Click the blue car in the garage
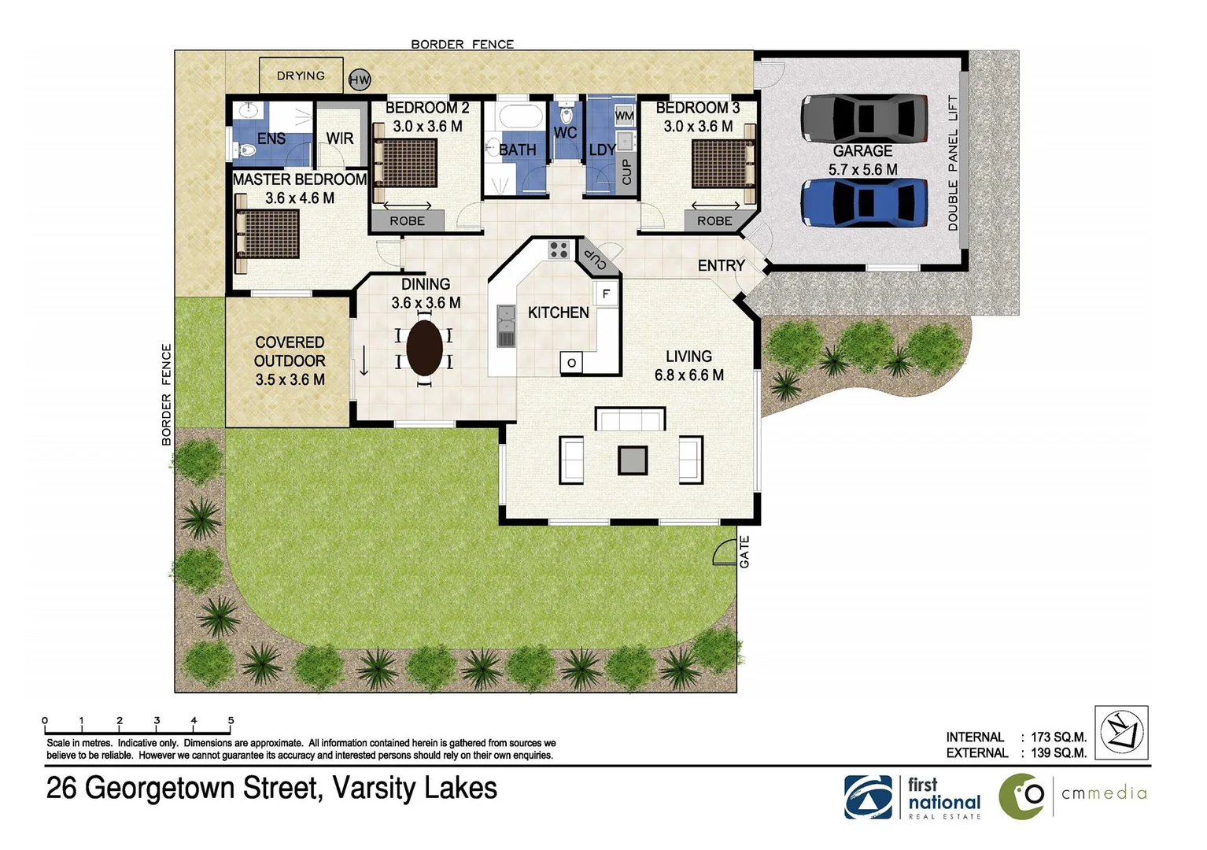pyautogui.click(x=865, y=202)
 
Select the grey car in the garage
pyautogui.click(x=865, y=118)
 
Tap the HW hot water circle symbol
pyautogui.click(x=360, y=79)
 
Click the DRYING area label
pyautogui.click(x=301, y=76)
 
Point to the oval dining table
pyautogui.click(x=424, y=348)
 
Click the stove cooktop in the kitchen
pyautogui.click(x=559, y=249)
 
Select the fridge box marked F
pyautogui.click(x=606, y=294)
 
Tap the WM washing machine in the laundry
pyautogui.click(x=624, y=116)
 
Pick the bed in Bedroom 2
pyautogui.click(x=406, y=163)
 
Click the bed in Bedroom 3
pyautogui.click(x=722, y=164)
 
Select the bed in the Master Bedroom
pyautogui.click(x=268, y=234)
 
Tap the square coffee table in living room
pyautogui.click(x=632, y=460)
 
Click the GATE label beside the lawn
pyautogui.click(x=744, y=551)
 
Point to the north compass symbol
pyautogui.click(x=1121, y=732)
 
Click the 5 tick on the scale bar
pyautogui.click(x=231, y=721)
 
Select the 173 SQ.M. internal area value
pyautogui.click(x=1058, y=737)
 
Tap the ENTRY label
pyautogui.click(x=721, y=266)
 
